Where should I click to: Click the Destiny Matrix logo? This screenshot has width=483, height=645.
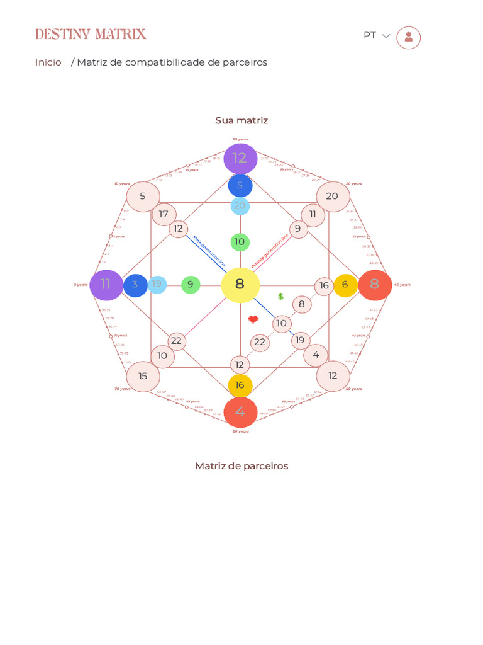(91, 34)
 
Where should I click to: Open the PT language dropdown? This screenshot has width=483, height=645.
(377, 36)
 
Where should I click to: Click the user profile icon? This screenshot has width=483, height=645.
(408, 37)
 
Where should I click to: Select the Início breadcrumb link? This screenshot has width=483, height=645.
(48, 62)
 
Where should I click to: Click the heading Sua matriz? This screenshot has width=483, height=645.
(241, 120)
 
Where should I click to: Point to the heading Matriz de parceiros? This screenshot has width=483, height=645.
(241, 466)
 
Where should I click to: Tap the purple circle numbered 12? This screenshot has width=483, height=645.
(240, 159)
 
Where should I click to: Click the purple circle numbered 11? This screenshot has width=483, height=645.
(106, 285)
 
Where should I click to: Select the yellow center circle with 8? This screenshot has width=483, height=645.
(240, 285)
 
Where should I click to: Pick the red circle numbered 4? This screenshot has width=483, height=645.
(240, 412)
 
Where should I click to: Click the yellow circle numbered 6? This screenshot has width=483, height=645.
(345, 285)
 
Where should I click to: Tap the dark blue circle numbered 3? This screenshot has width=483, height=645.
(135, 285)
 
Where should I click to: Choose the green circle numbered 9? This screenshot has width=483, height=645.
(191, 285)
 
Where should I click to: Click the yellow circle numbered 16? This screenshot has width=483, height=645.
(240, 385)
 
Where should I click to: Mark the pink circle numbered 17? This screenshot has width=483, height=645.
(164, 214)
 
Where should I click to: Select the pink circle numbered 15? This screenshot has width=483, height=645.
(143, 377)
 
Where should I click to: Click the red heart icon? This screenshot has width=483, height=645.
(253, 319)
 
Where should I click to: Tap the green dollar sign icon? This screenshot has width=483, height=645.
(281, 296)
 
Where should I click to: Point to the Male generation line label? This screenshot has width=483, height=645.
(209, 251)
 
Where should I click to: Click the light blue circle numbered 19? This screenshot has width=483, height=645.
(157, 285)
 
